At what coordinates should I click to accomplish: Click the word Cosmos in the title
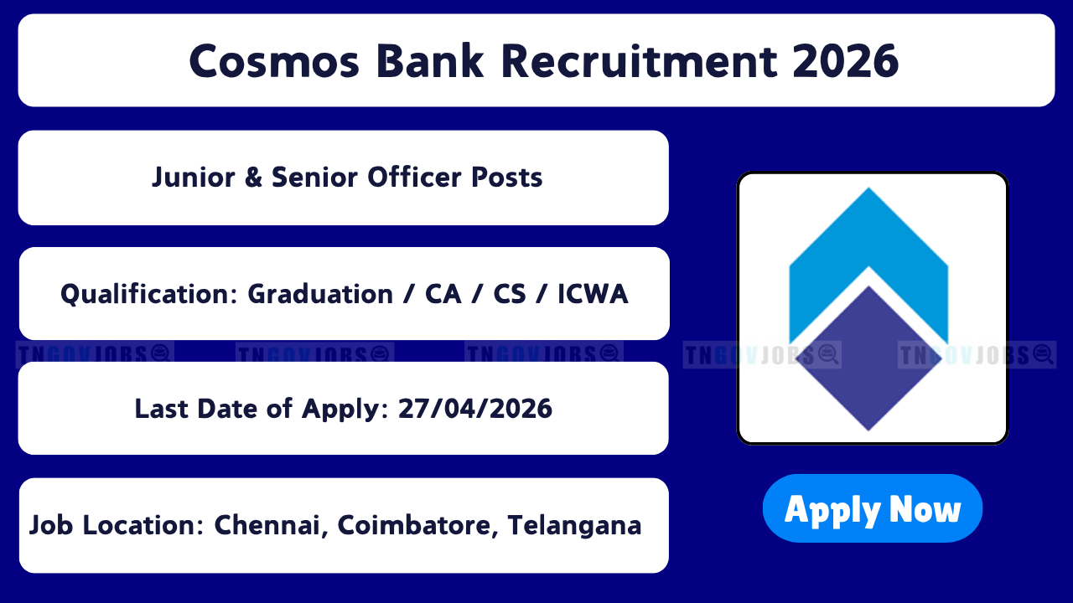tap(274, 61)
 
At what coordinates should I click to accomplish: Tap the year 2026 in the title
tap(846, 61)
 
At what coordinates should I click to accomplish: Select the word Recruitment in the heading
tap(639, 61)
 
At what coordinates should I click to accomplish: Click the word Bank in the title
tap(430, 61)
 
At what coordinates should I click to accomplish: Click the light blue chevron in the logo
tap(868, 240)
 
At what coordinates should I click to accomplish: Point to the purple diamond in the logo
tap(868, 359)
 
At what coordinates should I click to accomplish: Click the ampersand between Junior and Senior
tap(253, 177)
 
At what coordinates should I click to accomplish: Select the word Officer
tap(413, 177)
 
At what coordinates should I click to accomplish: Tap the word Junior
tap(194, 178)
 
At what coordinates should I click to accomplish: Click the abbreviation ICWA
tap(593, 294)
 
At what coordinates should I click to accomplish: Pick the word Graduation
tap(320, 294)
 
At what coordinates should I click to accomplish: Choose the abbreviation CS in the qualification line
tap(510, 294)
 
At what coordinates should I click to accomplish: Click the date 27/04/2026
tap(475, 409)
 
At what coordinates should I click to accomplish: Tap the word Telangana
tap(574, 527)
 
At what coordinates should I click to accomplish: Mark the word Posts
tap(507, 177)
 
